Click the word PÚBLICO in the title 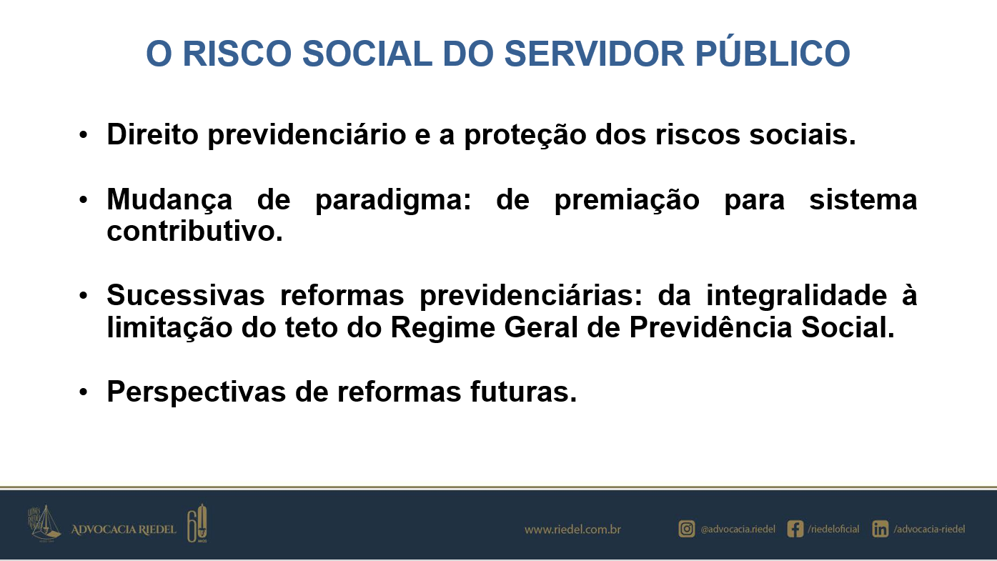coord(773,53)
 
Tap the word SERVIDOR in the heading coord(594,54)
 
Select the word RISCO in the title coord(237,54)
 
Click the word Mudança coord(169,200)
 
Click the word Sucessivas coord(186,295)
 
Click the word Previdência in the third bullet coord(710,327)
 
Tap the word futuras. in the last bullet coord(523,392)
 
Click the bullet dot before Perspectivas coord(84,392)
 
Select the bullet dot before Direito coord(84,135)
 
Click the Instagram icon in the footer coord(686,529)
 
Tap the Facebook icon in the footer coord(795,529)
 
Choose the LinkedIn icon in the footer coord(880,529)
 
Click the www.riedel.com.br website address coord(572,530)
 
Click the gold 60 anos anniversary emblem coord(197,523)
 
